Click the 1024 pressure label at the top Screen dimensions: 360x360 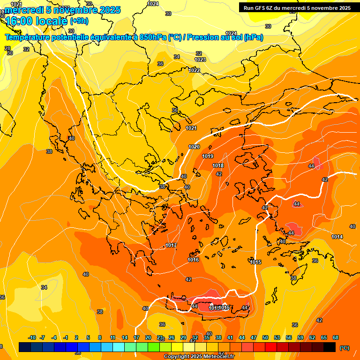[153, 4]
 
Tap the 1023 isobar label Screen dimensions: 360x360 [200, 60]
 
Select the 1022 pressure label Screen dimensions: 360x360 [194, 70]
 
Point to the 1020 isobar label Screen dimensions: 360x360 [194, 147]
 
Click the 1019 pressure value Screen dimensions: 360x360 [208, 156]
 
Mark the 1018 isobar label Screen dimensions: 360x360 [218, 165]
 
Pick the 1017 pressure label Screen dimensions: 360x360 [171, 245]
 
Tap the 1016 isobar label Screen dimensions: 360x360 [193, 260]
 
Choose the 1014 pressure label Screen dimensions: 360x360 [337, 237]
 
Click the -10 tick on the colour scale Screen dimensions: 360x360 [32, 337]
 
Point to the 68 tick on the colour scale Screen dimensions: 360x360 [336, 337]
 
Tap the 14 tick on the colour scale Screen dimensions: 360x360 [125, 337]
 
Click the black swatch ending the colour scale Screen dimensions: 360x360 [330, 347]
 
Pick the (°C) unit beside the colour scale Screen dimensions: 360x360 [345, 347]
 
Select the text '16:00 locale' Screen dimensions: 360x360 [37, 21]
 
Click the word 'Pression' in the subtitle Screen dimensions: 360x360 [202, 37]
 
